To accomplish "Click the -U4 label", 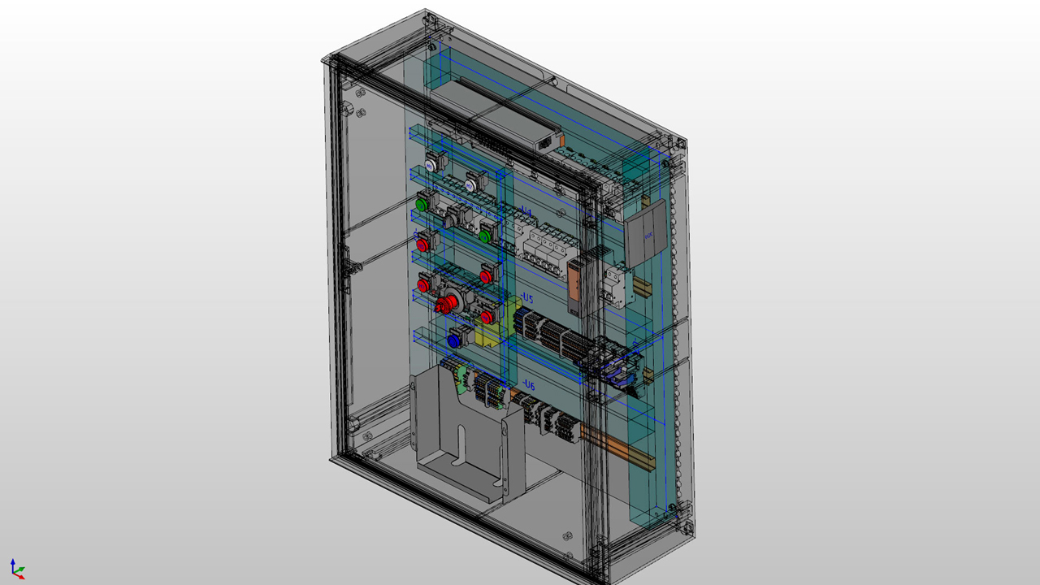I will click(526, 213).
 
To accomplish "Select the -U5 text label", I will click(527, 299).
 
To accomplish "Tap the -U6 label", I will click(528, 385).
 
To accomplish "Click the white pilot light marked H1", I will click(431, 164).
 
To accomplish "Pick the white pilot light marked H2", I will click(470, 186).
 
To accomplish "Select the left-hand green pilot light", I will click(422, 204).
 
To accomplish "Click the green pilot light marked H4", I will click(485, 236).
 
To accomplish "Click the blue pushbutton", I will click(453, 340).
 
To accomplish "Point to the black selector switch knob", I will click(450, 219).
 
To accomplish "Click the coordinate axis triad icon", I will click(17, 568).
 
